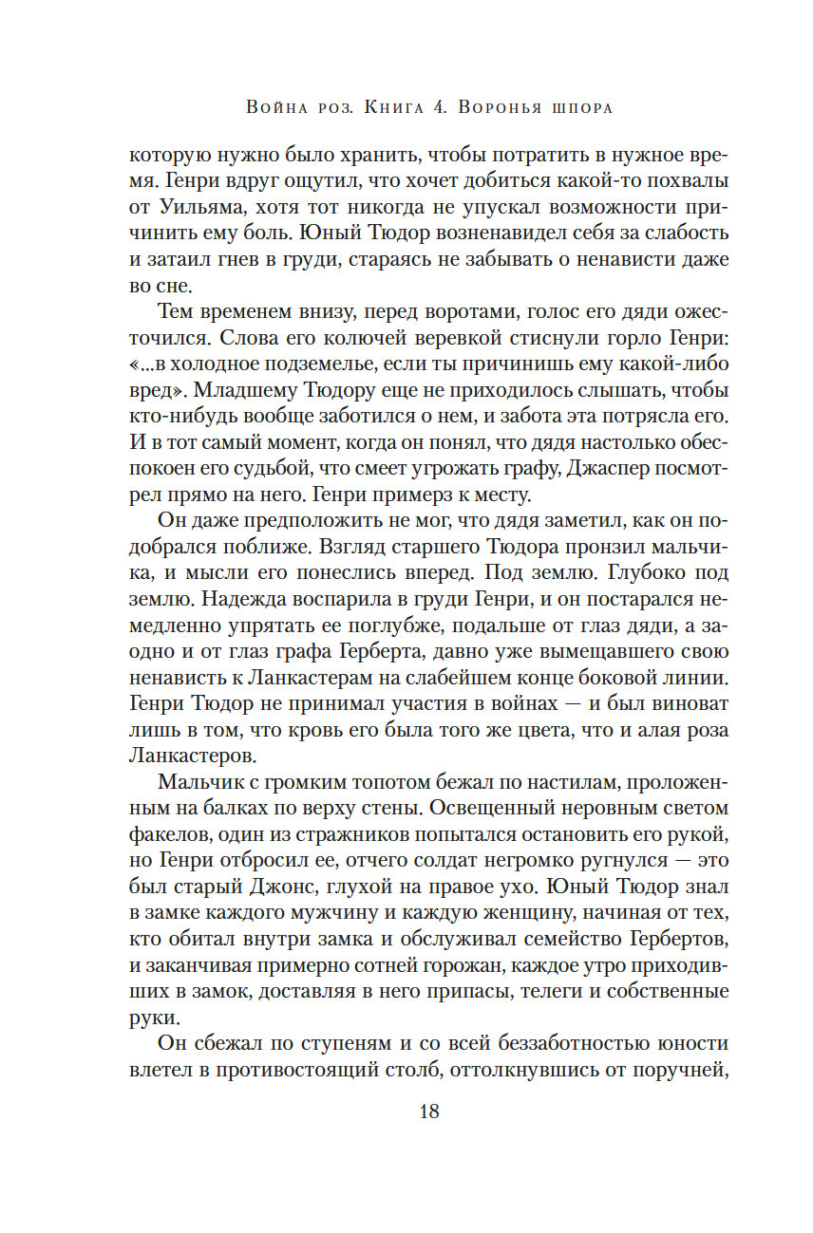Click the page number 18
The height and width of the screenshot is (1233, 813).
point(428,1112)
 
